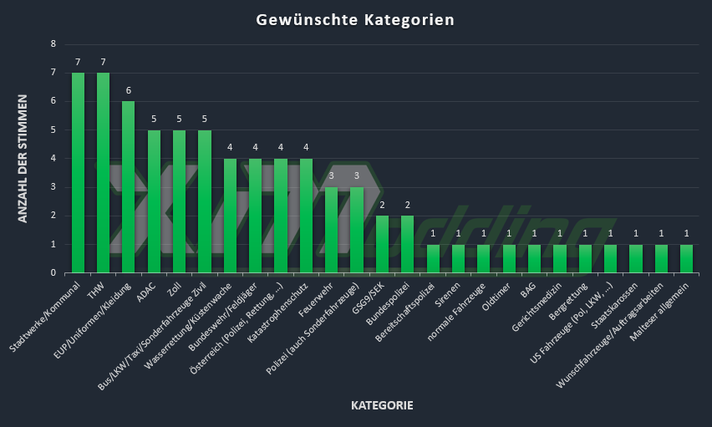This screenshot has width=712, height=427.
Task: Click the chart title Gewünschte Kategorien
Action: (355, 19)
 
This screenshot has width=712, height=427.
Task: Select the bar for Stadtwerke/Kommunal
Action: (78, 172)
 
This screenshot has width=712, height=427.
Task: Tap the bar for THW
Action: (103, 172)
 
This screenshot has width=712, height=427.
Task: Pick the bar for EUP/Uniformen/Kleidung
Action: (128, 186)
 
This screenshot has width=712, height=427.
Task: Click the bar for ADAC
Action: (154, 201)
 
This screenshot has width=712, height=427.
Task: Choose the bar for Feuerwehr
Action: (331, 230)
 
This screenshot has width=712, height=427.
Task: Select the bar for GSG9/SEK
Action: (382, 244)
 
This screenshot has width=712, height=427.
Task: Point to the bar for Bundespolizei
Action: (407, 244)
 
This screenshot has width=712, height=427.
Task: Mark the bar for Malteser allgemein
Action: (686, 258)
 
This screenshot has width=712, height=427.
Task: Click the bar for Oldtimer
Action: (509, 258)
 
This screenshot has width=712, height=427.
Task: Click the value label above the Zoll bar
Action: (179, 119)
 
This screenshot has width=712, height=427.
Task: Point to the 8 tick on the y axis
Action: (53, 44)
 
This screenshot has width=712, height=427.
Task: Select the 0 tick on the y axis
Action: (53, 272)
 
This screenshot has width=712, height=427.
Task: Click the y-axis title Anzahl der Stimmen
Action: (23, 158)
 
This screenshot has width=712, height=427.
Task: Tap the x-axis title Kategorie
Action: (382, 406)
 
